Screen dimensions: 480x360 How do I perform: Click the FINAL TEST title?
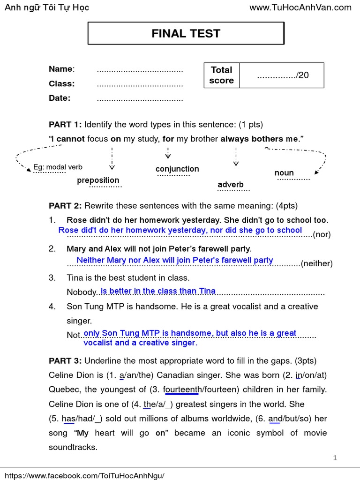[x=186, y=33]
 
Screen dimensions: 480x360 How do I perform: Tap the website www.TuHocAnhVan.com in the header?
[x=300, y=7]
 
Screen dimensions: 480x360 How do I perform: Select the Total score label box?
[x=222, y=75]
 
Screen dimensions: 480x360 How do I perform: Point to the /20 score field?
[x=283, y=75]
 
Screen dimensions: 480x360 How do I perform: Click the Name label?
[x=61, y=69]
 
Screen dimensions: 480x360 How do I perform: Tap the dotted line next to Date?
[x=140, y=99]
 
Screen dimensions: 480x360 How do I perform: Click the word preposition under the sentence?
[x=98, y=180]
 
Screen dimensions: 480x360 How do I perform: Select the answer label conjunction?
[x=177, y=169]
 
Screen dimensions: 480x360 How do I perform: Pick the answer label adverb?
[x=231, y=185]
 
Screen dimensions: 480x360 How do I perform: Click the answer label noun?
[x=284, y=173]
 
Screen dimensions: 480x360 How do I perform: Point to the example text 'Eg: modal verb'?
[x=58, y=167]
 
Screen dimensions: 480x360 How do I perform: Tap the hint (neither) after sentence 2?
[x=317, y=263]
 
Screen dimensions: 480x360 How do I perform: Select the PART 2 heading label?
[x=65, y=206]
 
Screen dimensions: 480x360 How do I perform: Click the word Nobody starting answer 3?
[x=81, y=292]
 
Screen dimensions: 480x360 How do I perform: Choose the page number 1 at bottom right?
[x=335, y=458]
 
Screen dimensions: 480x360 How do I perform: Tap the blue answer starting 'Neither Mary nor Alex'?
[x=175, y=260]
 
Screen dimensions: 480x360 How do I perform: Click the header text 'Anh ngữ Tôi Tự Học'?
[x=46, y=7]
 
